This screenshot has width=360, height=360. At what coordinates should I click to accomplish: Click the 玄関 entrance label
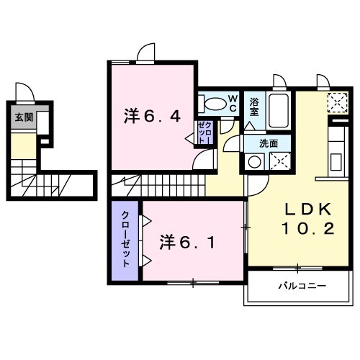tap(24, 117)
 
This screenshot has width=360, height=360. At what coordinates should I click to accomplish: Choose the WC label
tap(233, 102)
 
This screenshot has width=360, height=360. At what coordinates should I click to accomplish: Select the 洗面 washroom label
tap(268, 143)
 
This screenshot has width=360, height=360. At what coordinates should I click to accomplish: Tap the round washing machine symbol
tap(253, 163)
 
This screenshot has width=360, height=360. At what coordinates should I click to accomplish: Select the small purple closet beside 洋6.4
tap(204, 134)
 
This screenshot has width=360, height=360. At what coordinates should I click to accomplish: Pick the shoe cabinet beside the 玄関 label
tap(41, 123)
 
